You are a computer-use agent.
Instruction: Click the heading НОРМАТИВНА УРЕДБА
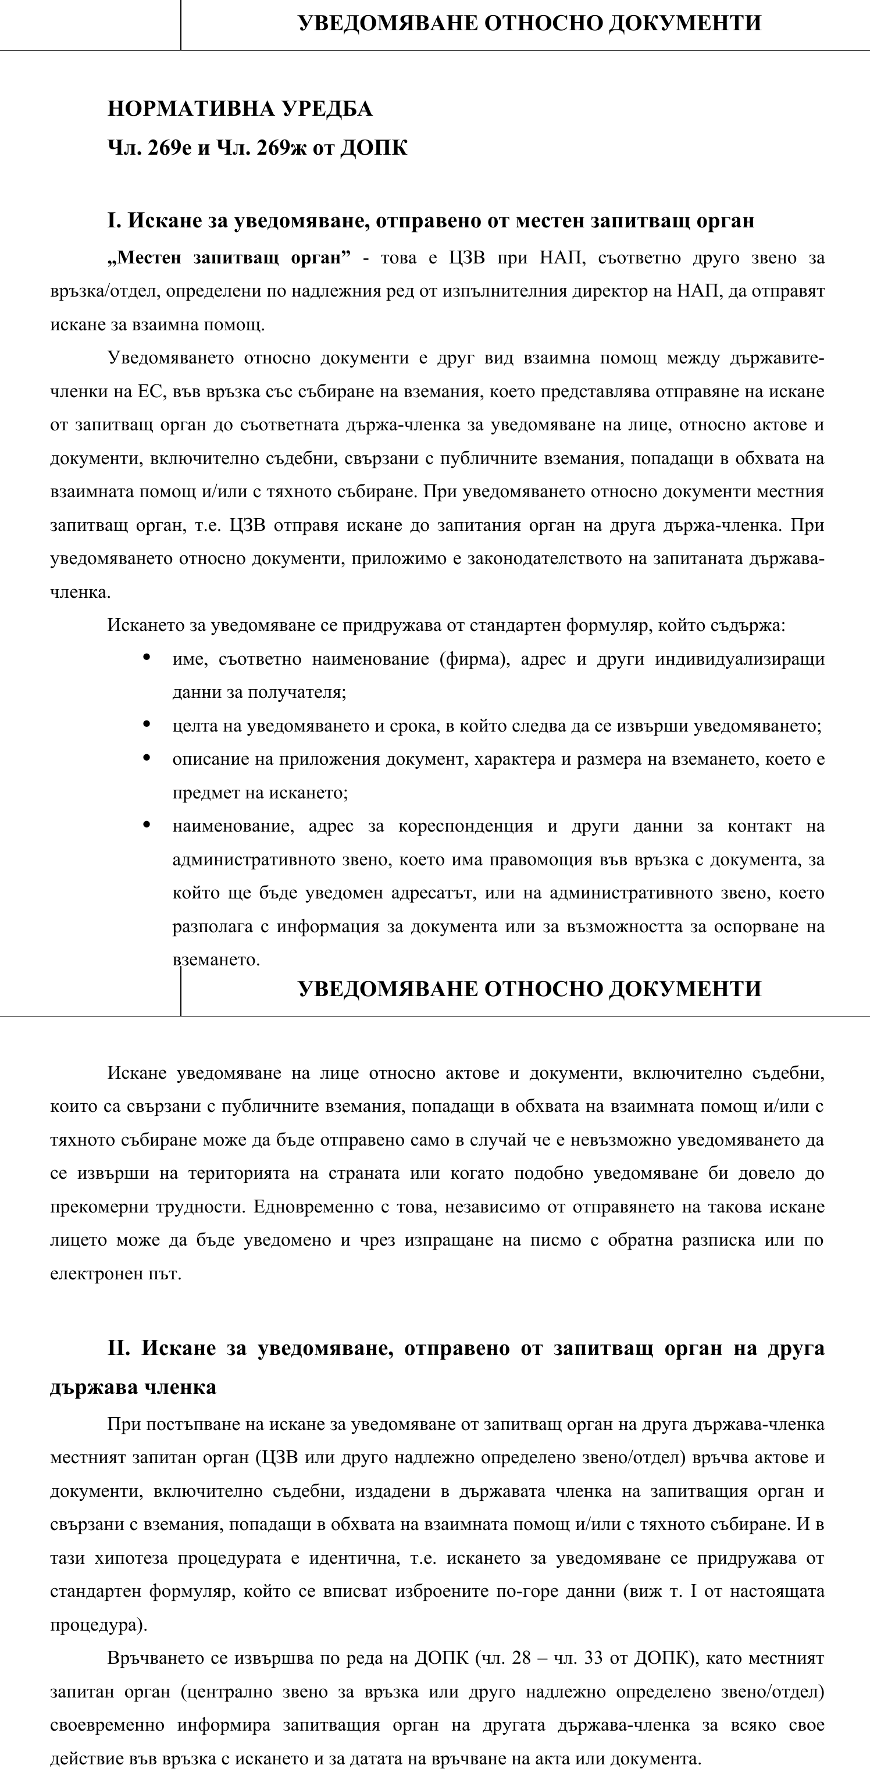tap(240, 109)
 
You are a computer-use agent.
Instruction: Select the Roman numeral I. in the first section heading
tap(114, 220)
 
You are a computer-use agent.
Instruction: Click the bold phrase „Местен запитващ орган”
tap(229, 258)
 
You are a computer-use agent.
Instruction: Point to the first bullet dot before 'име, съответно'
tap(146, 657)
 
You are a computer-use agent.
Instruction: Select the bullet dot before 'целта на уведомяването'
tap(146, 724)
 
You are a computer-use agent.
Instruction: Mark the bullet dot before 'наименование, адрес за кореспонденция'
tap(146, 824)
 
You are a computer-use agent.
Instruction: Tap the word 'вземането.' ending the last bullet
tap(216, 960)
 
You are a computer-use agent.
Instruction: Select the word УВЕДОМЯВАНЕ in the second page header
tap(388, 989)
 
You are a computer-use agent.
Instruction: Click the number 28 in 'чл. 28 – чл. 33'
tap(521, 1659)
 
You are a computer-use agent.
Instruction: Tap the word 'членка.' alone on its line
tap(80, 592)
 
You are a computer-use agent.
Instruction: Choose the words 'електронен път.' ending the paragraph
tap(115, 1274)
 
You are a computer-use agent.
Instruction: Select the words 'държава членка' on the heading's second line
tap(133, 1386)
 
